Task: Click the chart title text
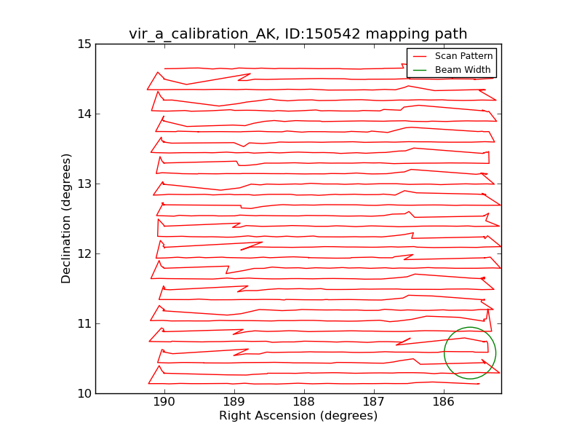298,34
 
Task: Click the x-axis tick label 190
164,402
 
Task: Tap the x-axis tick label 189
234,402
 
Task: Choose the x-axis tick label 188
304,402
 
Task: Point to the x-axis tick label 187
374,402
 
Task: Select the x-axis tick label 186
444,402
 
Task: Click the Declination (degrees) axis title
66,219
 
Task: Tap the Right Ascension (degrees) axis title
298,416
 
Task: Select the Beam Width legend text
463,70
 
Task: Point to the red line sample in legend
420,56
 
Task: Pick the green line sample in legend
420,70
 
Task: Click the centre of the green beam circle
470,353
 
